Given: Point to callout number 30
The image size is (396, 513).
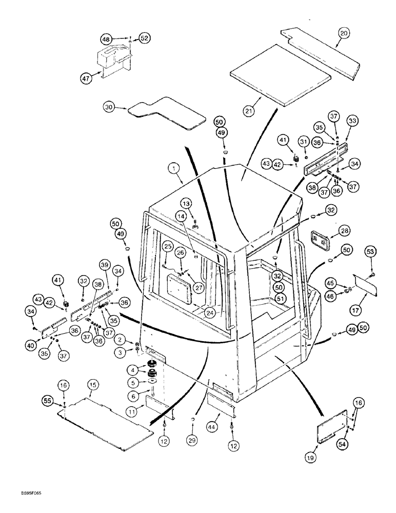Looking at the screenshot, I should (x=108, y=108).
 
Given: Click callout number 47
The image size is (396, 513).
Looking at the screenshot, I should (x=85, y=78).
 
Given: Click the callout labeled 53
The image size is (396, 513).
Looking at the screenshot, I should (x=371, y=251).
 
